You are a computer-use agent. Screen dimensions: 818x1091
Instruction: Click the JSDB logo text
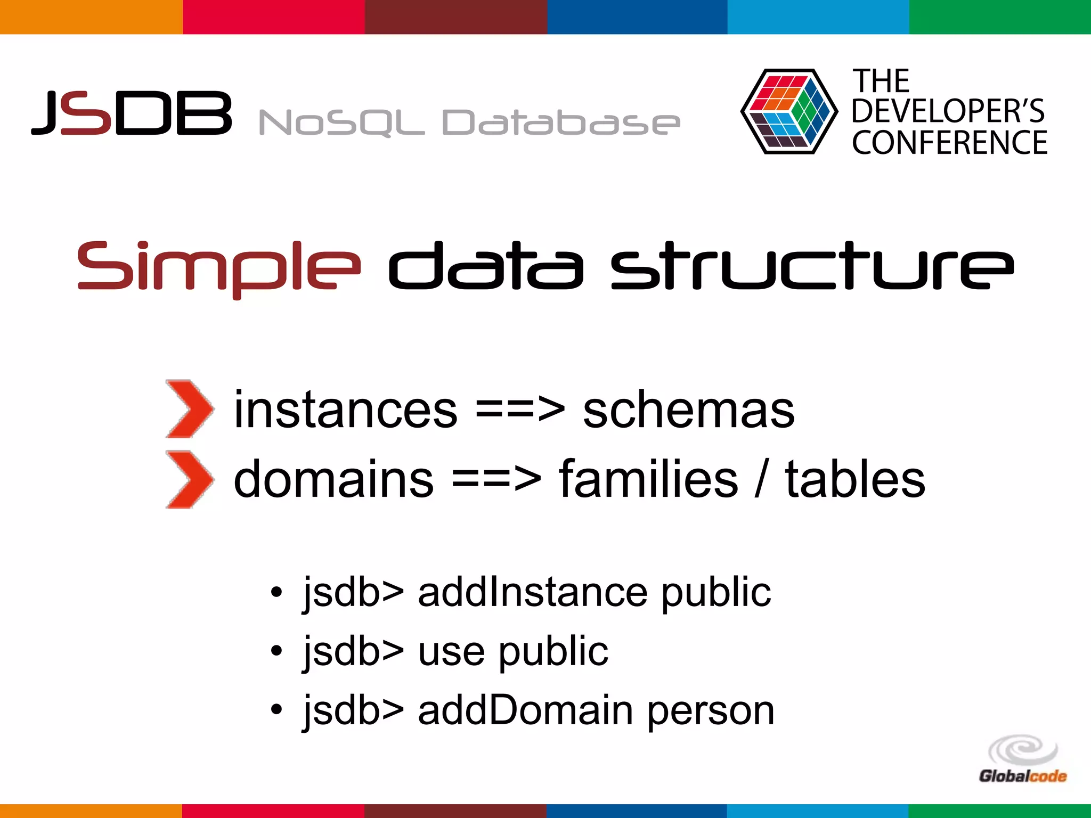pyautogui.click(x=132, y=113)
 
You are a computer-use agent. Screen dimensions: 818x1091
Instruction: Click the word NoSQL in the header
pyautogui.click(x=341, y=123)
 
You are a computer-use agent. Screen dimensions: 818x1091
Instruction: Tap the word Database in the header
pyautogui.click(x=560, y=123)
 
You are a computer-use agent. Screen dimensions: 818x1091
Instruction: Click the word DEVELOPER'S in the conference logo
pyautogui.click(x=948, y=111)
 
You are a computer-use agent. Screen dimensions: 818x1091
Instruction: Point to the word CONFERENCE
pyautogui.click(x=949, y=143)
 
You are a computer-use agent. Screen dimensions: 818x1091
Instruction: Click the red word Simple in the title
pyautogui.click(x=218, y=266)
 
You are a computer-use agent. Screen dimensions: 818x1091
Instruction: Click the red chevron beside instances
pyautogui.click(x=189, y=409)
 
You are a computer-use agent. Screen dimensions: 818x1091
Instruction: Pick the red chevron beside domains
pyautogui.click(x=189, y=479)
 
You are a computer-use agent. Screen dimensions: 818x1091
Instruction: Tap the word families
pyautogui.click(x=648, y=479)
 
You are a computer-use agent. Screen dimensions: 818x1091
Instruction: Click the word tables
pyautogui.click(x=855, y=479)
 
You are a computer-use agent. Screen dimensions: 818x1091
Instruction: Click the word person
pyautogui.click(x=711, y=711)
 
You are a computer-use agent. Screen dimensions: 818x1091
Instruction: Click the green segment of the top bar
pyautogui.click(x=1000, y=17)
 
